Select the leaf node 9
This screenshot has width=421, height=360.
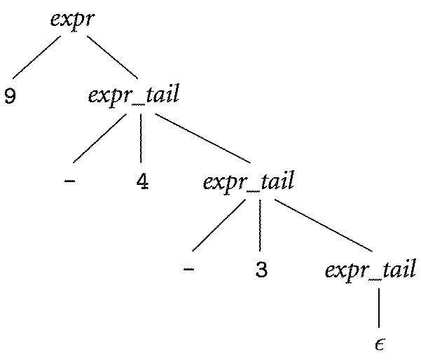click(x=11, y=96)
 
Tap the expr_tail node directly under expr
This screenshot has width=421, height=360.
click(x=133, y=95)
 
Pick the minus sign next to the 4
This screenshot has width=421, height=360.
click(x=69, y=182)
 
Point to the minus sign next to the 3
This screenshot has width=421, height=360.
click(x=188, y=269)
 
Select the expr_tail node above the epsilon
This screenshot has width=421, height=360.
click(x=370, y=270)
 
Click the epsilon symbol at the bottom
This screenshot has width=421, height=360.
click(x=379, y=344)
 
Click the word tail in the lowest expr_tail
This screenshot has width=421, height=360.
click(x=397, y=270)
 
